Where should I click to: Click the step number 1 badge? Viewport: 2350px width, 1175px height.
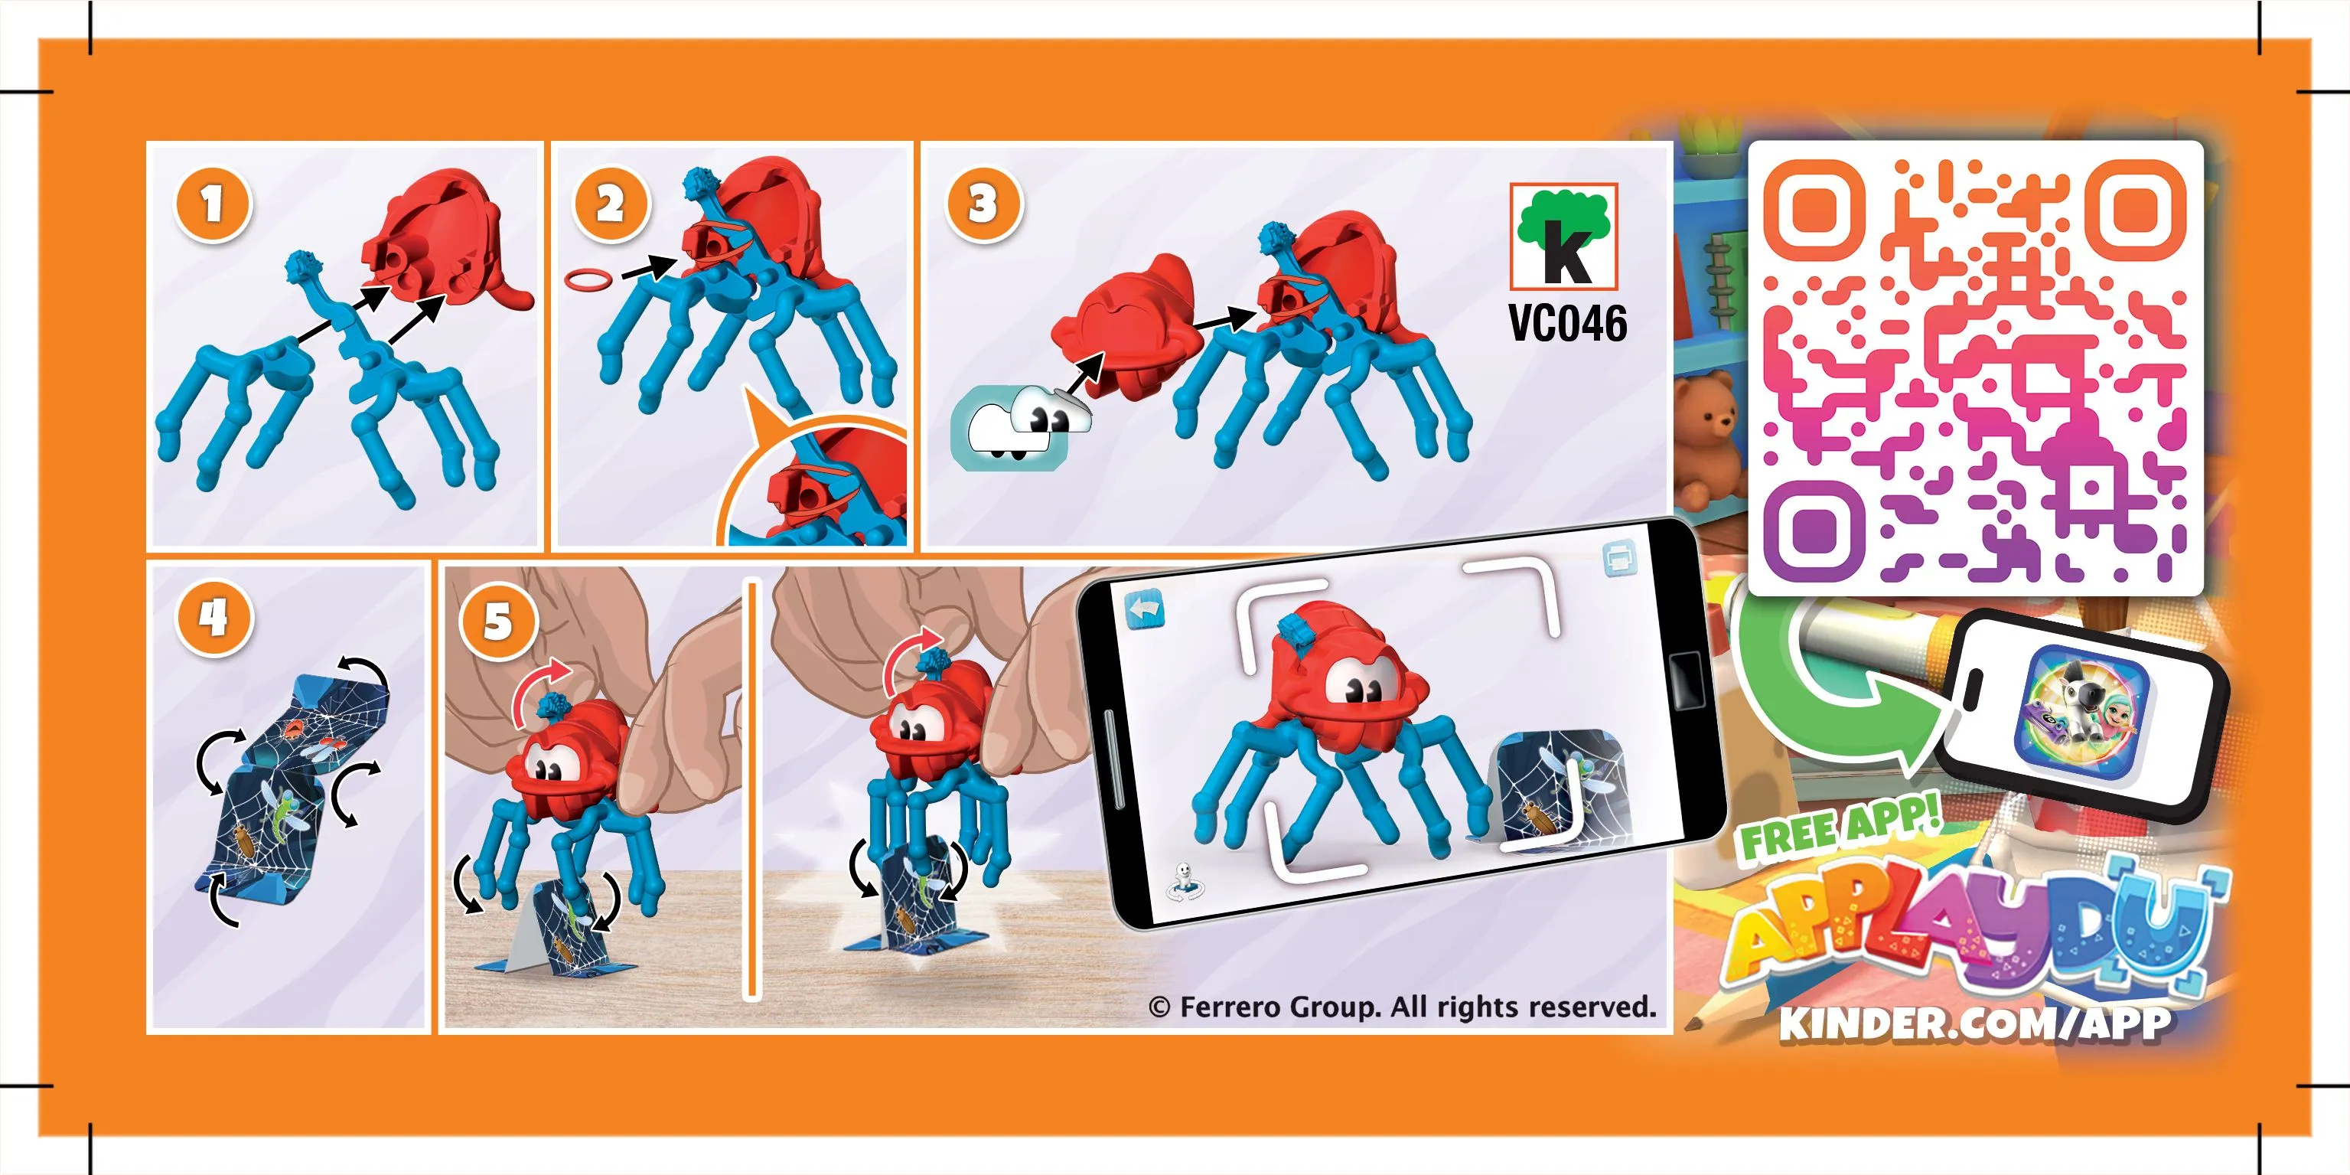point(212,204)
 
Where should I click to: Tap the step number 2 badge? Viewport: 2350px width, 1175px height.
point(609,204)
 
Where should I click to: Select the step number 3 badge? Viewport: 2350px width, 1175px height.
point(983,204)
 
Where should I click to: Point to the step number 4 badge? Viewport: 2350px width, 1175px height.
point(213,618)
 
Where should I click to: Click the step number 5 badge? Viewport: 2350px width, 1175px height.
point(497,622)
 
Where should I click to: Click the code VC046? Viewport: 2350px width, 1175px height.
point(1566,323)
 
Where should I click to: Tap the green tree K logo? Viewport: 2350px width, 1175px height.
point(1563,237)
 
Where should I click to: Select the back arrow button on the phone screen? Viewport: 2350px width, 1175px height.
point(1145,610)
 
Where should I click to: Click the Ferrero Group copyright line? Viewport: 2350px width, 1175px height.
point(1402,1007)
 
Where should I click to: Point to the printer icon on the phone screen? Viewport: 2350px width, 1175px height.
point(1618,558)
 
